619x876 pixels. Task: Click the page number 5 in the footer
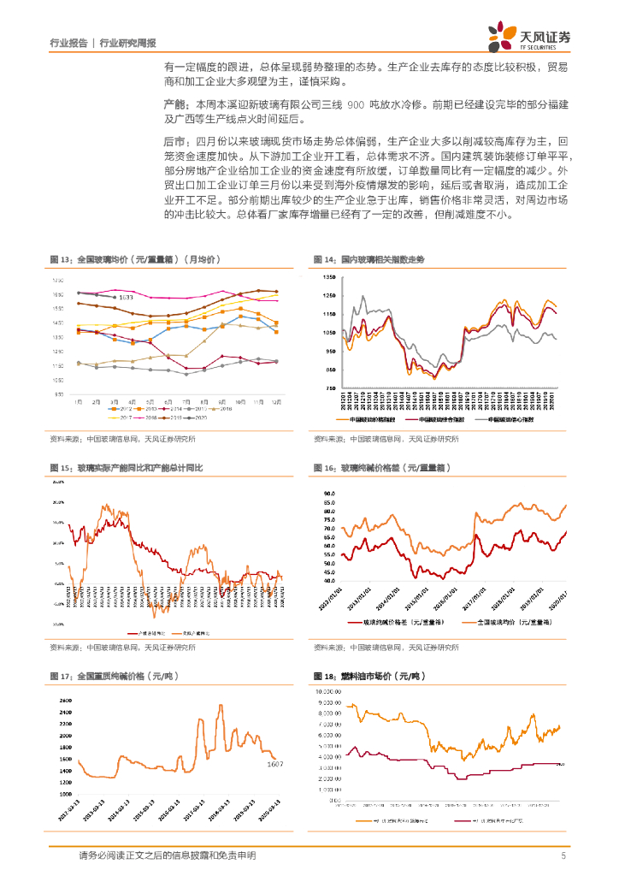563,855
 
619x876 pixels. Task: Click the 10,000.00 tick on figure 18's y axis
329,690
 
